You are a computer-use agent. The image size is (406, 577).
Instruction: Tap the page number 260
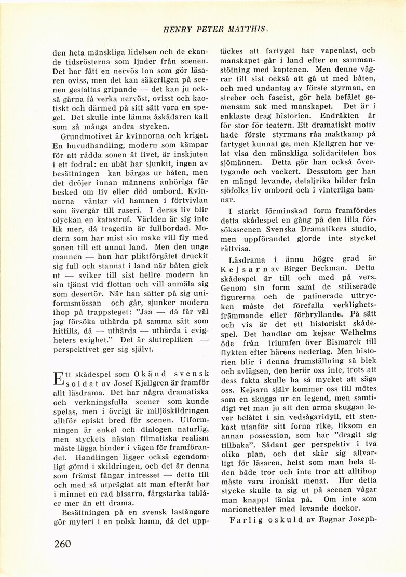tap(63, 543)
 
